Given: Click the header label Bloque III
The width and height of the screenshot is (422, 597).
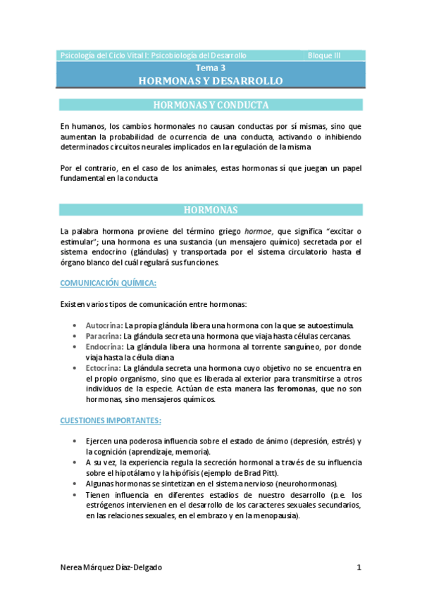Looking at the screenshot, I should (x=323, y=56).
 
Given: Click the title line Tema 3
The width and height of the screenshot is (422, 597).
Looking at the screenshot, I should (x=211, y=68).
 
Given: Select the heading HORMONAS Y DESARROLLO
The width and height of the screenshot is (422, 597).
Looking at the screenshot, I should (x=211, y=81).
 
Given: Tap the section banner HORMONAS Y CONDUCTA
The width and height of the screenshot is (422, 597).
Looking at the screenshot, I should (x=211, y=106).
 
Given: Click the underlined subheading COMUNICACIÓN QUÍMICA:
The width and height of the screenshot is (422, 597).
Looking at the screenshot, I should (x=108, y=283).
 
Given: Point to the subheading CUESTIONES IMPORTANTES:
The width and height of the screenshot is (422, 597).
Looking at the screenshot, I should (x=111, y=421).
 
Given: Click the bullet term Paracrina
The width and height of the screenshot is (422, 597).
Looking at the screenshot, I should (x=104, y=337).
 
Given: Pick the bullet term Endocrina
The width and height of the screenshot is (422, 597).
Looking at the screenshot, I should (x=104, y=347).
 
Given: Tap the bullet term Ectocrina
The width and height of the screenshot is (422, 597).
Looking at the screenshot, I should (x=103, y=367).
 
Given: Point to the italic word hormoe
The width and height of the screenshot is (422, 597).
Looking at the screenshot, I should (x=258, y=231).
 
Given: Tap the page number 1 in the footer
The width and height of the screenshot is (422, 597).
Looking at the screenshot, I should (x=359, y=567).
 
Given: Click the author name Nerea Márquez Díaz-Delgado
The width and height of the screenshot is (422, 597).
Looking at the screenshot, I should (x=116, y=567).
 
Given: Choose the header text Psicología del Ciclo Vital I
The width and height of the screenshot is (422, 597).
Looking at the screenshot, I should (x=104, y=56).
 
